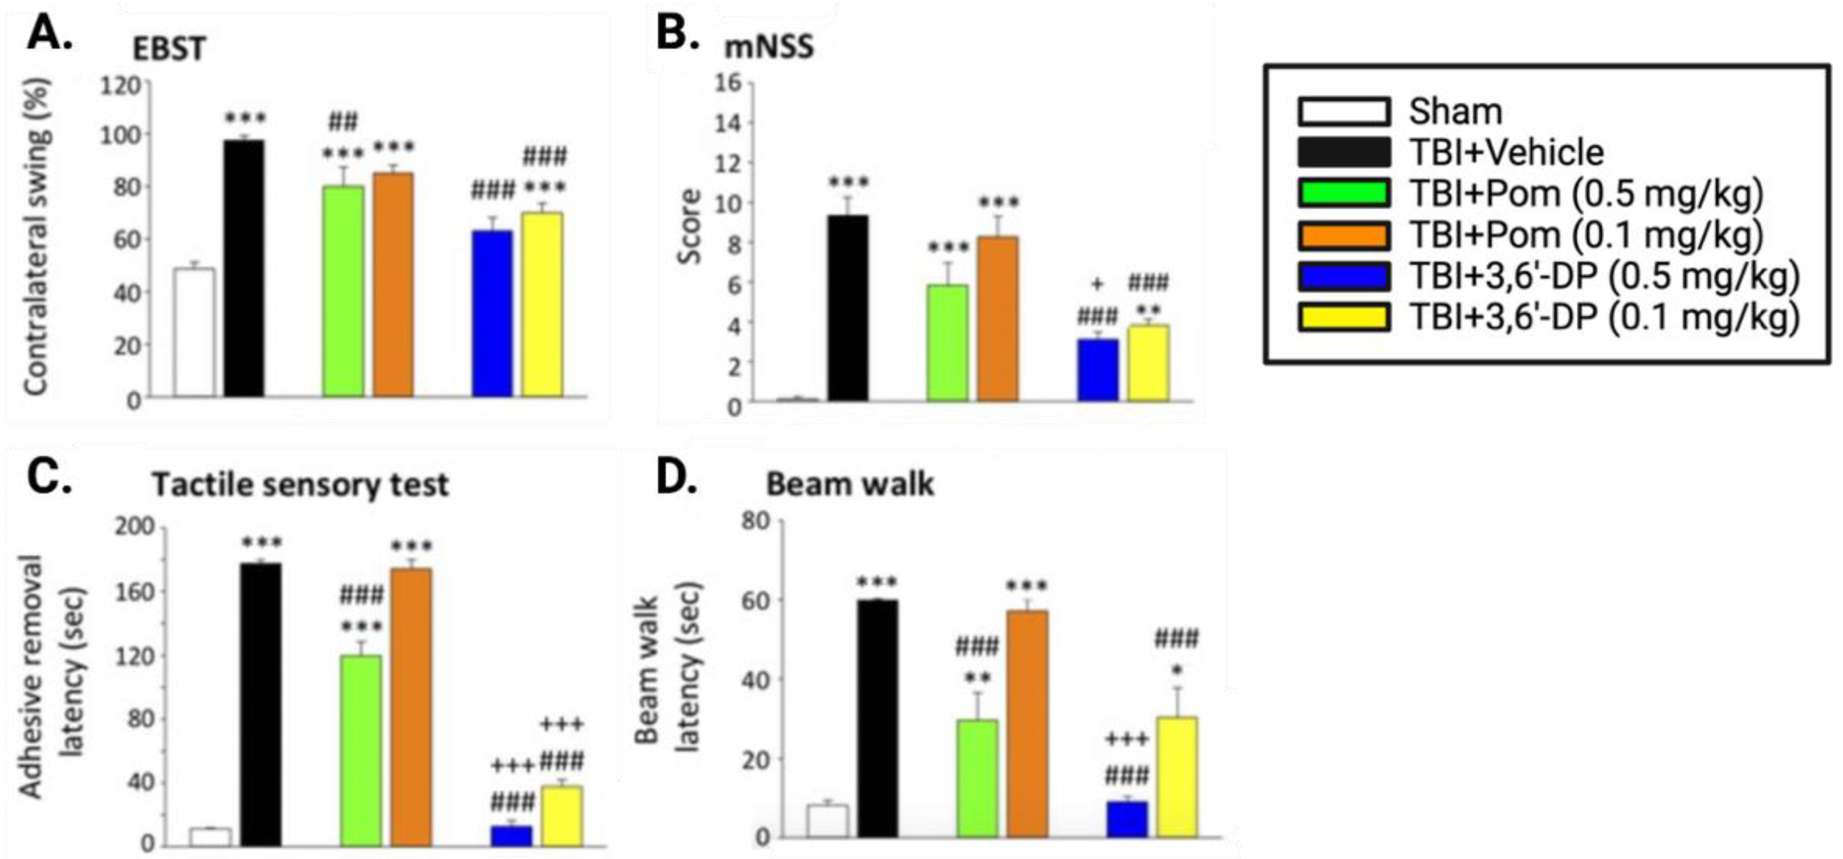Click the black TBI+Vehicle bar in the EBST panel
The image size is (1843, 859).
[x=244, y=269]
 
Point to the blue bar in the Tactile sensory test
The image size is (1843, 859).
[x=511, y=836]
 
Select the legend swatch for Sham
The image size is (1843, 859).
[x=1344, y=112]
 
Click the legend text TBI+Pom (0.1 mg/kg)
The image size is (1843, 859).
[x=1585, y=235]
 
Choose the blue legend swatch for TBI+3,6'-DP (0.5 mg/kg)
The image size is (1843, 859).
[x=1344, y=276]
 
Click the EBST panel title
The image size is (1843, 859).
[x=169, y=48]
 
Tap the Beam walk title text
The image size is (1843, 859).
[x=849, y=485]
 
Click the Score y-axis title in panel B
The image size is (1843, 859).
[x=690, y=226]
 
